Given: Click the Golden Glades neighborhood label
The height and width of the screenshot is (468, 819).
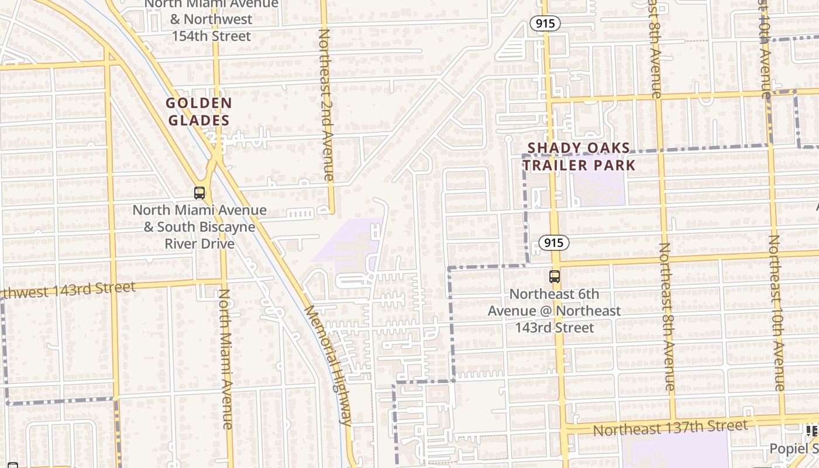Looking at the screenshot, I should (199, 112).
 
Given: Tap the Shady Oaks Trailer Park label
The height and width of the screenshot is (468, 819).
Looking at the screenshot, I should (579, 157).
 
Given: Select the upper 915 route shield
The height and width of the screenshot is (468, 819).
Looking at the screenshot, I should (546, 24).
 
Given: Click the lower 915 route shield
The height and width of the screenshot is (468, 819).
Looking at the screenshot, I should (554, 243).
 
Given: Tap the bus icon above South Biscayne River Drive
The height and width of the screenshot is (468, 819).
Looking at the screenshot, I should (199, 192).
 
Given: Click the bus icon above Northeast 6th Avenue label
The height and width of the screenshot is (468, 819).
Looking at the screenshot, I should (555, 277).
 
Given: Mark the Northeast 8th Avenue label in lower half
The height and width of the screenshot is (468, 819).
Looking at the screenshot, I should (667, 316).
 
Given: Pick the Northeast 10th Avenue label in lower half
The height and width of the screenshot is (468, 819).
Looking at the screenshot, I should (776, 313).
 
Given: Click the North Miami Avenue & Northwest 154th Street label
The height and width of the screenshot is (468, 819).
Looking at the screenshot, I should (211, 20).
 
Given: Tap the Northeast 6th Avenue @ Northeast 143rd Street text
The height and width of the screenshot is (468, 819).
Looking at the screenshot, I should (555, 311).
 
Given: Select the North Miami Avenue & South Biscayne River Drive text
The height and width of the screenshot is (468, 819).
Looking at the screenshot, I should (199, 226).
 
